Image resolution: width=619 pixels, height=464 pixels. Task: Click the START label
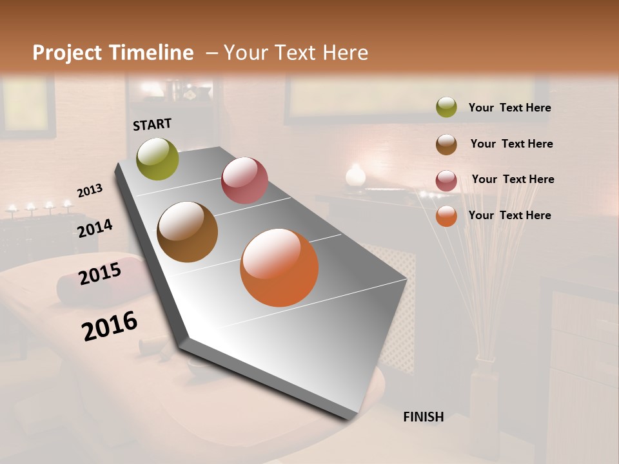click(152, 124)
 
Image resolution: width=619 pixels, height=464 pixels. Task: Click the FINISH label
click(423, 417)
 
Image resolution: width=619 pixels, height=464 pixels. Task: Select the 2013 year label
click(90, 191)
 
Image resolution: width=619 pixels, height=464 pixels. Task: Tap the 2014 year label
click(95, 228)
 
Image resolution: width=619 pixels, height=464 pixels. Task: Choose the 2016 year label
click(110, 325)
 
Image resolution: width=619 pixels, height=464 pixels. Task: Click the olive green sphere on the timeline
click(158, 159)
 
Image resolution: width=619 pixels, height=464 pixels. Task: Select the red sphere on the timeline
click(244, 180)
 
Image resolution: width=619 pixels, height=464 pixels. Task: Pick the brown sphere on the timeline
click(188, 232)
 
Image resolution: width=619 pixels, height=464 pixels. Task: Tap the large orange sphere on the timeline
click(279, 268)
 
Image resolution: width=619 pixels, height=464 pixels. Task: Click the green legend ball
click(446, 108)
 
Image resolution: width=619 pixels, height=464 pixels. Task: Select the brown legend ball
click(446, 144)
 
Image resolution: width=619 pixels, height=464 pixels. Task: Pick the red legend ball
click(446, 180)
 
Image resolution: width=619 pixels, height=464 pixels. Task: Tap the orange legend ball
click(446, 216)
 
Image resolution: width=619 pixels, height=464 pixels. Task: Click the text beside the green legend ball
click(509, 108)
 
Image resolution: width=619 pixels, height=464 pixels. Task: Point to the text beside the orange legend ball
click(509, 215)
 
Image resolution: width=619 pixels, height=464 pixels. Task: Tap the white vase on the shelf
click(355, 176)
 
